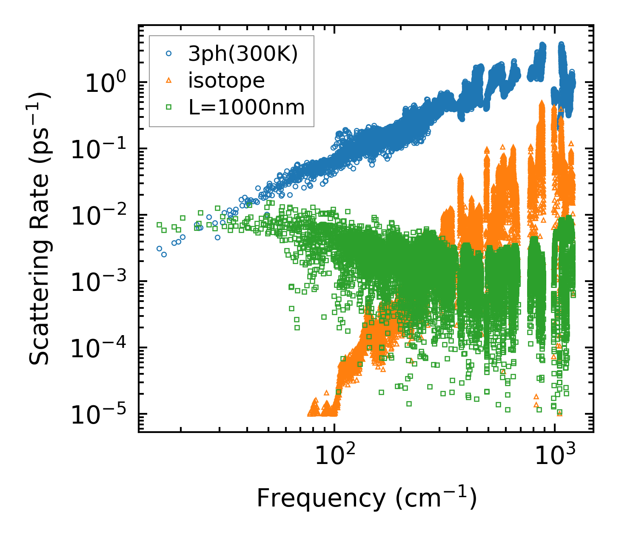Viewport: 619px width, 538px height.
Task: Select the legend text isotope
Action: click(x=226, y=80)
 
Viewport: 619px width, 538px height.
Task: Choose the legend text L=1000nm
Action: click(x=247, y=108)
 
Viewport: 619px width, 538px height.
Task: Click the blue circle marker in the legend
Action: click(x=169, y=54)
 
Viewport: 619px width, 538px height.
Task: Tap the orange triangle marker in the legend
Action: click(x=169, y=80)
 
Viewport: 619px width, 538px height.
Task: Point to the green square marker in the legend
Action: click(x=169, y=108)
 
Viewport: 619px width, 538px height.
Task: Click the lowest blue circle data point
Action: click(x=164, y=254)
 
